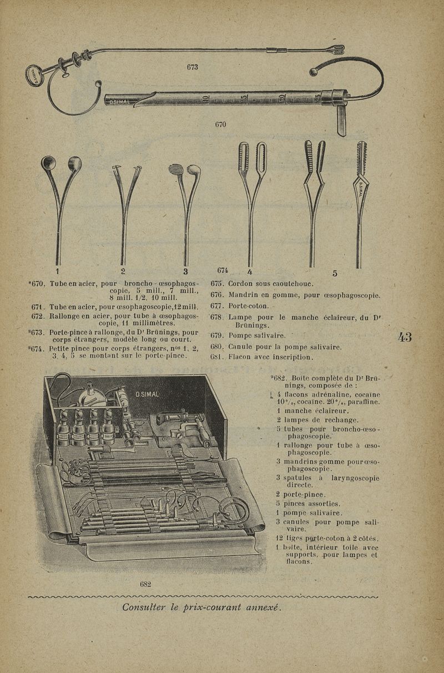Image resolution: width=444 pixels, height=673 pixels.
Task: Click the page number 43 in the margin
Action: [405, 336]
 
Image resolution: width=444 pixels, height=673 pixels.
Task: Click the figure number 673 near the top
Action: [192, 67]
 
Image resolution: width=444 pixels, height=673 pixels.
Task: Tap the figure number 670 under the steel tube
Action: [220, 124]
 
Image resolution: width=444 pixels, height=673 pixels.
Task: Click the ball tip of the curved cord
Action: [314, 71]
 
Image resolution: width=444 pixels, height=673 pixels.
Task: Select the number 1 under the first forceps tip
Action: [57, 272]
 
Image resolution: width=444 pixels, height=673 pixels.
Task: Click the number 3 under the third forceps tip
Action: [185, 272]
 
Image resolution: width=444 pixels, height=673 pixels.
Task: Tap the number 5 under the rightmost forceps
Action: [335, 273]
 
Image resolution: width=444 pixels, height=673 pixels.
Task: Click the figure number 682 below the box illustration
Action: [145, 584]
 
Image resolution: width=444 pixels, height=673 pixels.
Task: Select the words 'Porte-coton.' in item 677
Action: [249, 306]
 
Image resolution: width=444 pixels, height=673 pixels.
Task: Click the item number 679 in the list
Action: [217, 335]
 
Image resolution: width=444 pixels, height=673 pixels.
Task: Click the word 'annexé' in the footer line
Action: [264, 607]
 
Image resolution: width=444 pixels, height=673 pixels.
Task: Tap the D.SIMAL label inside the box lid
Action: [147, 394]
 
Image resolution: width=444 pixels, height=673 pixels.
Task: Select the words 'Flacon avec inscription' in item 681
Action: [271, 357]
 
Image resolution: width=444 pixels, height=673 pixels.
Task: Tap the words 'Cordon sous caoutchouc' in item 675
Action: [271, 284]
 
